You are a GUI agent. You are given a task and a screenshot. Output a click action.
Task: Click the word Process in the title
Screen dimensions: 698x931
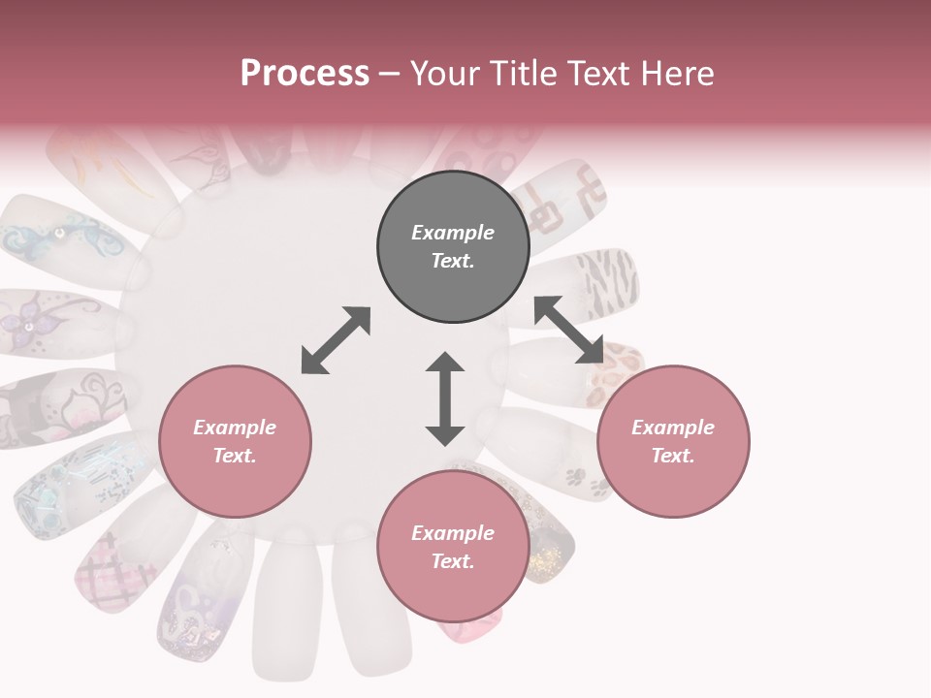point(305,74)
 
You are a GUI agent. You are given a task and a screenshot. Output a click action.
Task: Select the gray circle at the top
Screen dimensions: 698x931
point(453,247)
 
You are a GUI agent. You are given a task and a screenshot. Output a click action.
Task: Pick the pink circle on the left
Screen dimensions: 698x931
point(235,441)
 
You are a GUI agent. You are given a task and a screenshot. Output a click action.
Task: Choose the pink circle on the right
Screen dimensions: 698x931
point(673,441)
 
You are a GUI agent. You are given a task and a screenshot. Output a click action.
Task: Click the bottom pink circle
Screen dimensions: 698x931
point(453,547)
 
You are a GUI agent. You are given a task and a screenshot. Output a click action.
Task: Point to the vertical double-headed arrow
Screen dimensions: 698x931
point(445,398)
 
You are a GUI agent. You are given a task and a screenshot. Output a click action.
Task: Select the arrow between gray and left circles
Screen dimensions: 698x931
point(336,340)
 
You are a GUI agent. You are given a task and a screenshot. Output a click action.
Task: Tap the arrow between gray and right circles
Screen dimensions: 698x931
point(568,331)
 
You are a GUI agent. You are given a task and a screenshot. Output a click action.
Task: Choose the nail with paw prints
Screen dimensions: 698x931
point(572,472)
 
